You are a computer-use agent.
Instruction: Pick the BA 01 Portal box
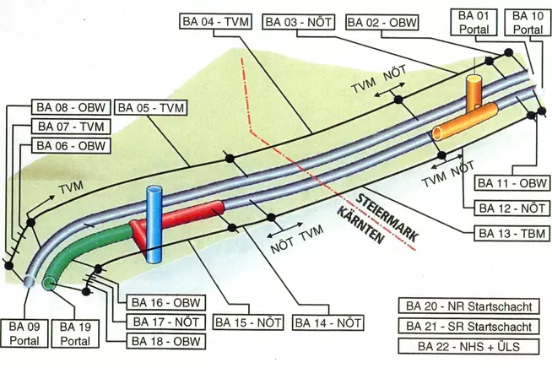click(474, 23)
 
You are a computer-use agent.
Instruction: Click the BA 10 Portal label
click(528, 23)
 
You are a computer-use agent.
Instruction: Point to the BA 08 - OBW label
click(70, 108)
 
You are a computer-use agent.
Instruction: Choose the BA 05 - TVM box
click(150, 108)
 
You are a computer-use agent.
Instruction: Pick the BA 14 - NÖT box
click(328, 322)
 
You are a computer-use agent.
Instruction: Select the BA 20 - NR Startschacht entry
click(467, 306)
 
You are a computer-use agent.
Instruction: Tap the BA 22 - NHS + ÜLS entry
click(467, 346)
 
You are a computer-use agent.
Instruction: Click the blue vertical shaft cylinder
click(154, 226)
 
